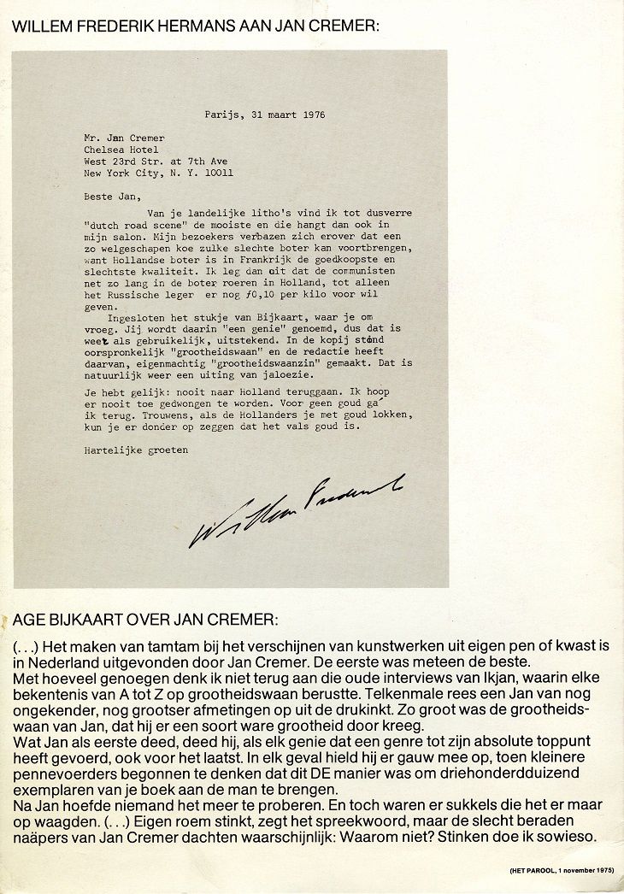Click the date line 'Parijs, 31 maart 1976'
(x=264, y=114)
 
